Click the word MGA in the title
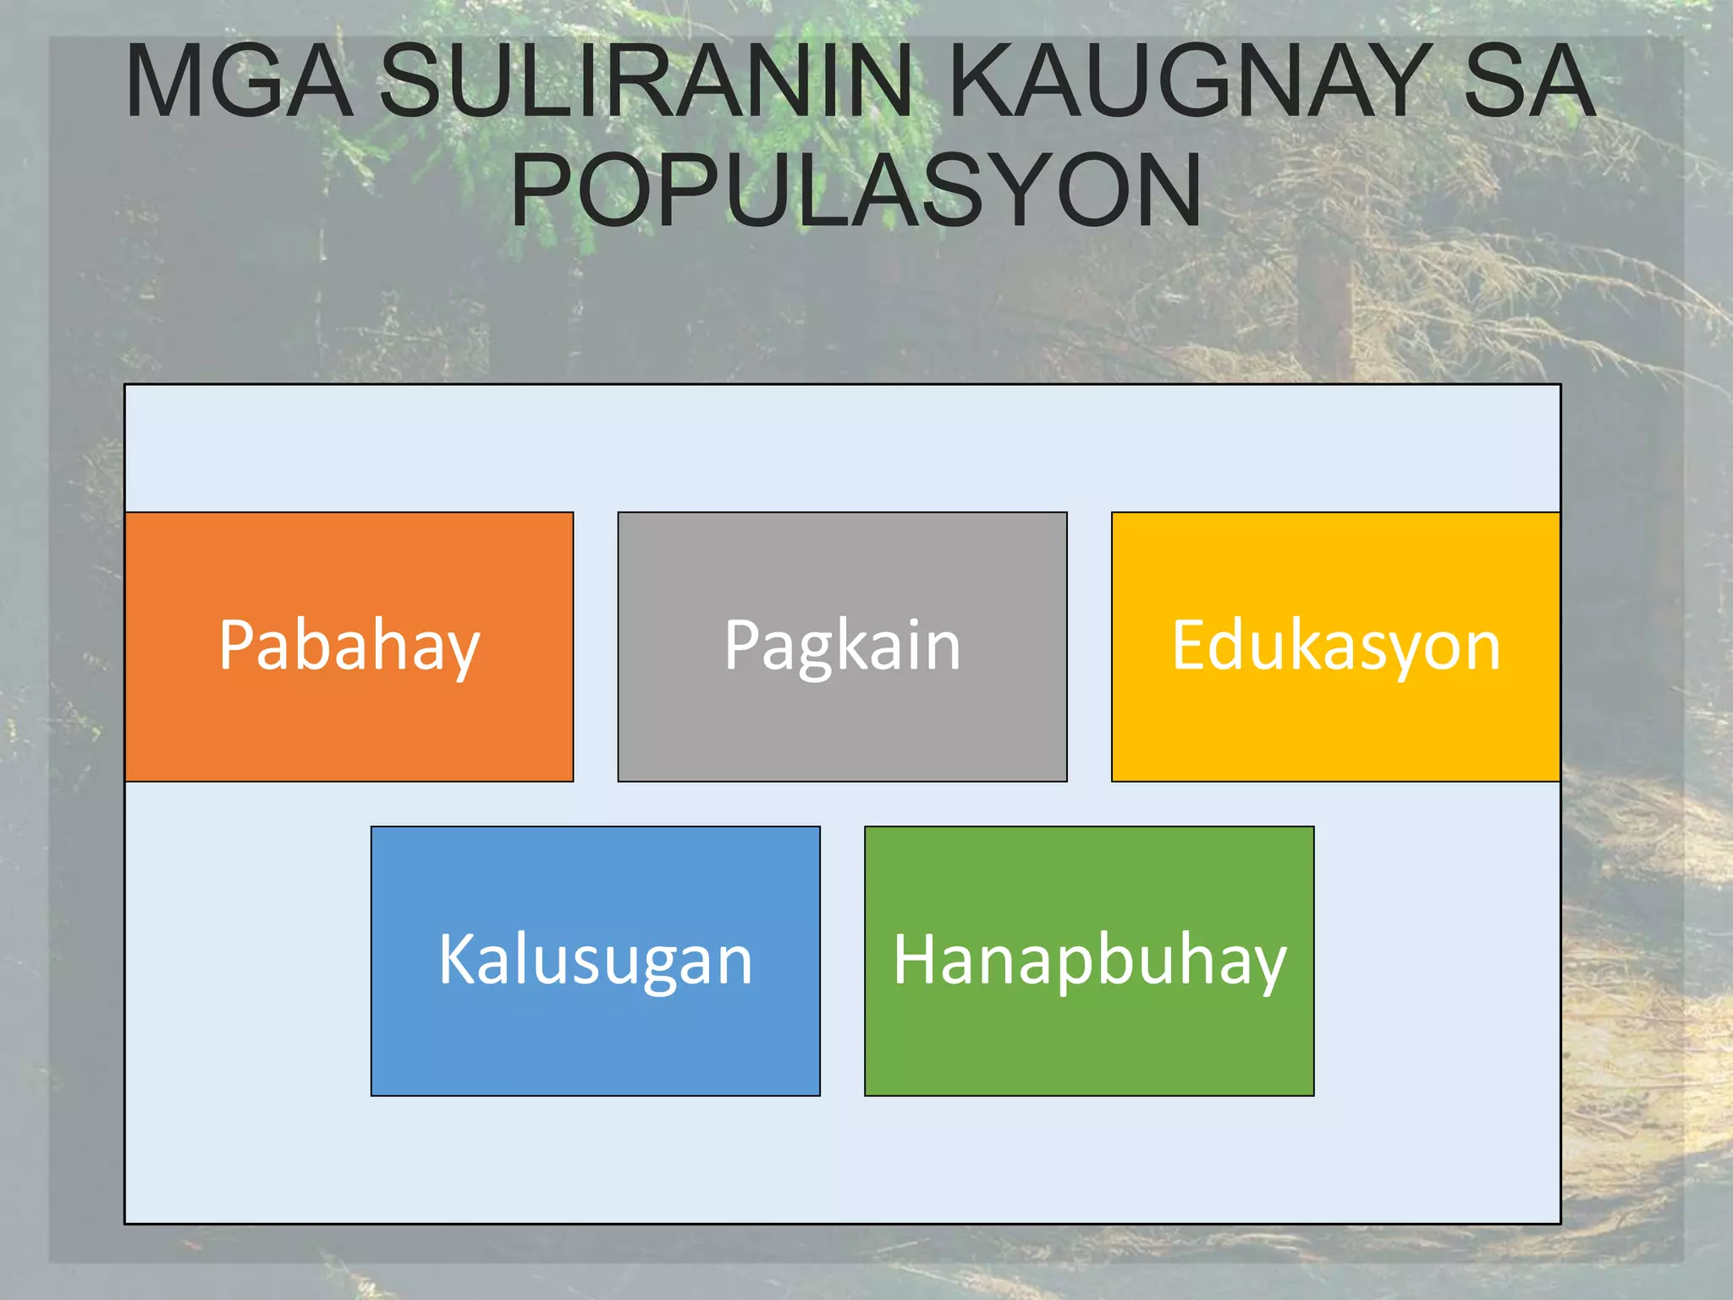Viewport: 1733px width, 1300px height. click(239, 81)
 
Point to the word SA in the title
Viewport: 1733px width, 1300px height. click(1529, 81)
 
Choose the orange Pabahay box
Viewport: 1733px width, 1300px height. click(349, 728)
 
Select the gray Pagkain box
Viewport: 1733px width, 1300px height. click(842, 728)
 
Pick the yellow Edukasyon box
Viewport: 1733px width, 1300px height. click(1335, 728)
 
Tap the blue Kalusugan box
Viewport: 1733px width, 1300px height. click(595, 1041)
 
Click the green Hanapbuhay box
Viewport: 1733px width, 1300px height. click(1089, 1041)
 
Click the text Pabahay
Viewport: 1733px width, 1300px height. click(349, 647)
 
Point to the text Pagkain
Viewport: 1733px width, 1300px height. click(842, 647)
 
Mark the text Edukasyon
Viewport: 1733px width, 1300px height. click(1335, 647)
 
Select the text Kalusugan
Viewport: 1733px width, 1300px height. click(595, 961)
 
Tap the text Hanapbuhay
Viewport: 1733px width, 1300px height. click(1089, 961)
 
